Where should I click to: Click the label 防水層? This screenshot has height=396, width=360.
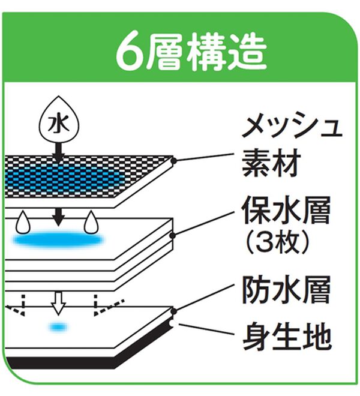click(286, 292)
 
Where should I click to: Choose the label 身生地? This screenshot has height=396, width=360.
click(286, 338)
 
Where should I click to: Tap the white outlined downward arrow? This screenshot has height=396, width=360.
click(58, 304)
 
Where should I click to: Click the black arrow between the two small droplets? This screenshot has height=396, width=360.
click(58, 215)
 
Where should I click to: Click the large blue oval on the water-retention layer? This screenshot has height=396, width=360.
click(58, 240)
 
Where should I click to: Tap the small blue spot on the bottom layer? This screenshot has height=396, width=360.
click(58, 327)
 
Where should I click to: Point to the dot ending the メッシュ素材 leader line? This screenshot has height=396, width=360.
click(173, 161)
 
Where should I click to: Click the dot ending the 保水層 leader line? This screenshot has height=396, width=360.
click(173, 235)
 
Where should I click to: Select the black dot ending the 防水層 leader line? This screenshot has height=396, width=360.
click(173, 311)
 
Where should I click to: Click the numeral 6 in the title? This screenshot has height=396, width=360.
click(127, 52)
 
